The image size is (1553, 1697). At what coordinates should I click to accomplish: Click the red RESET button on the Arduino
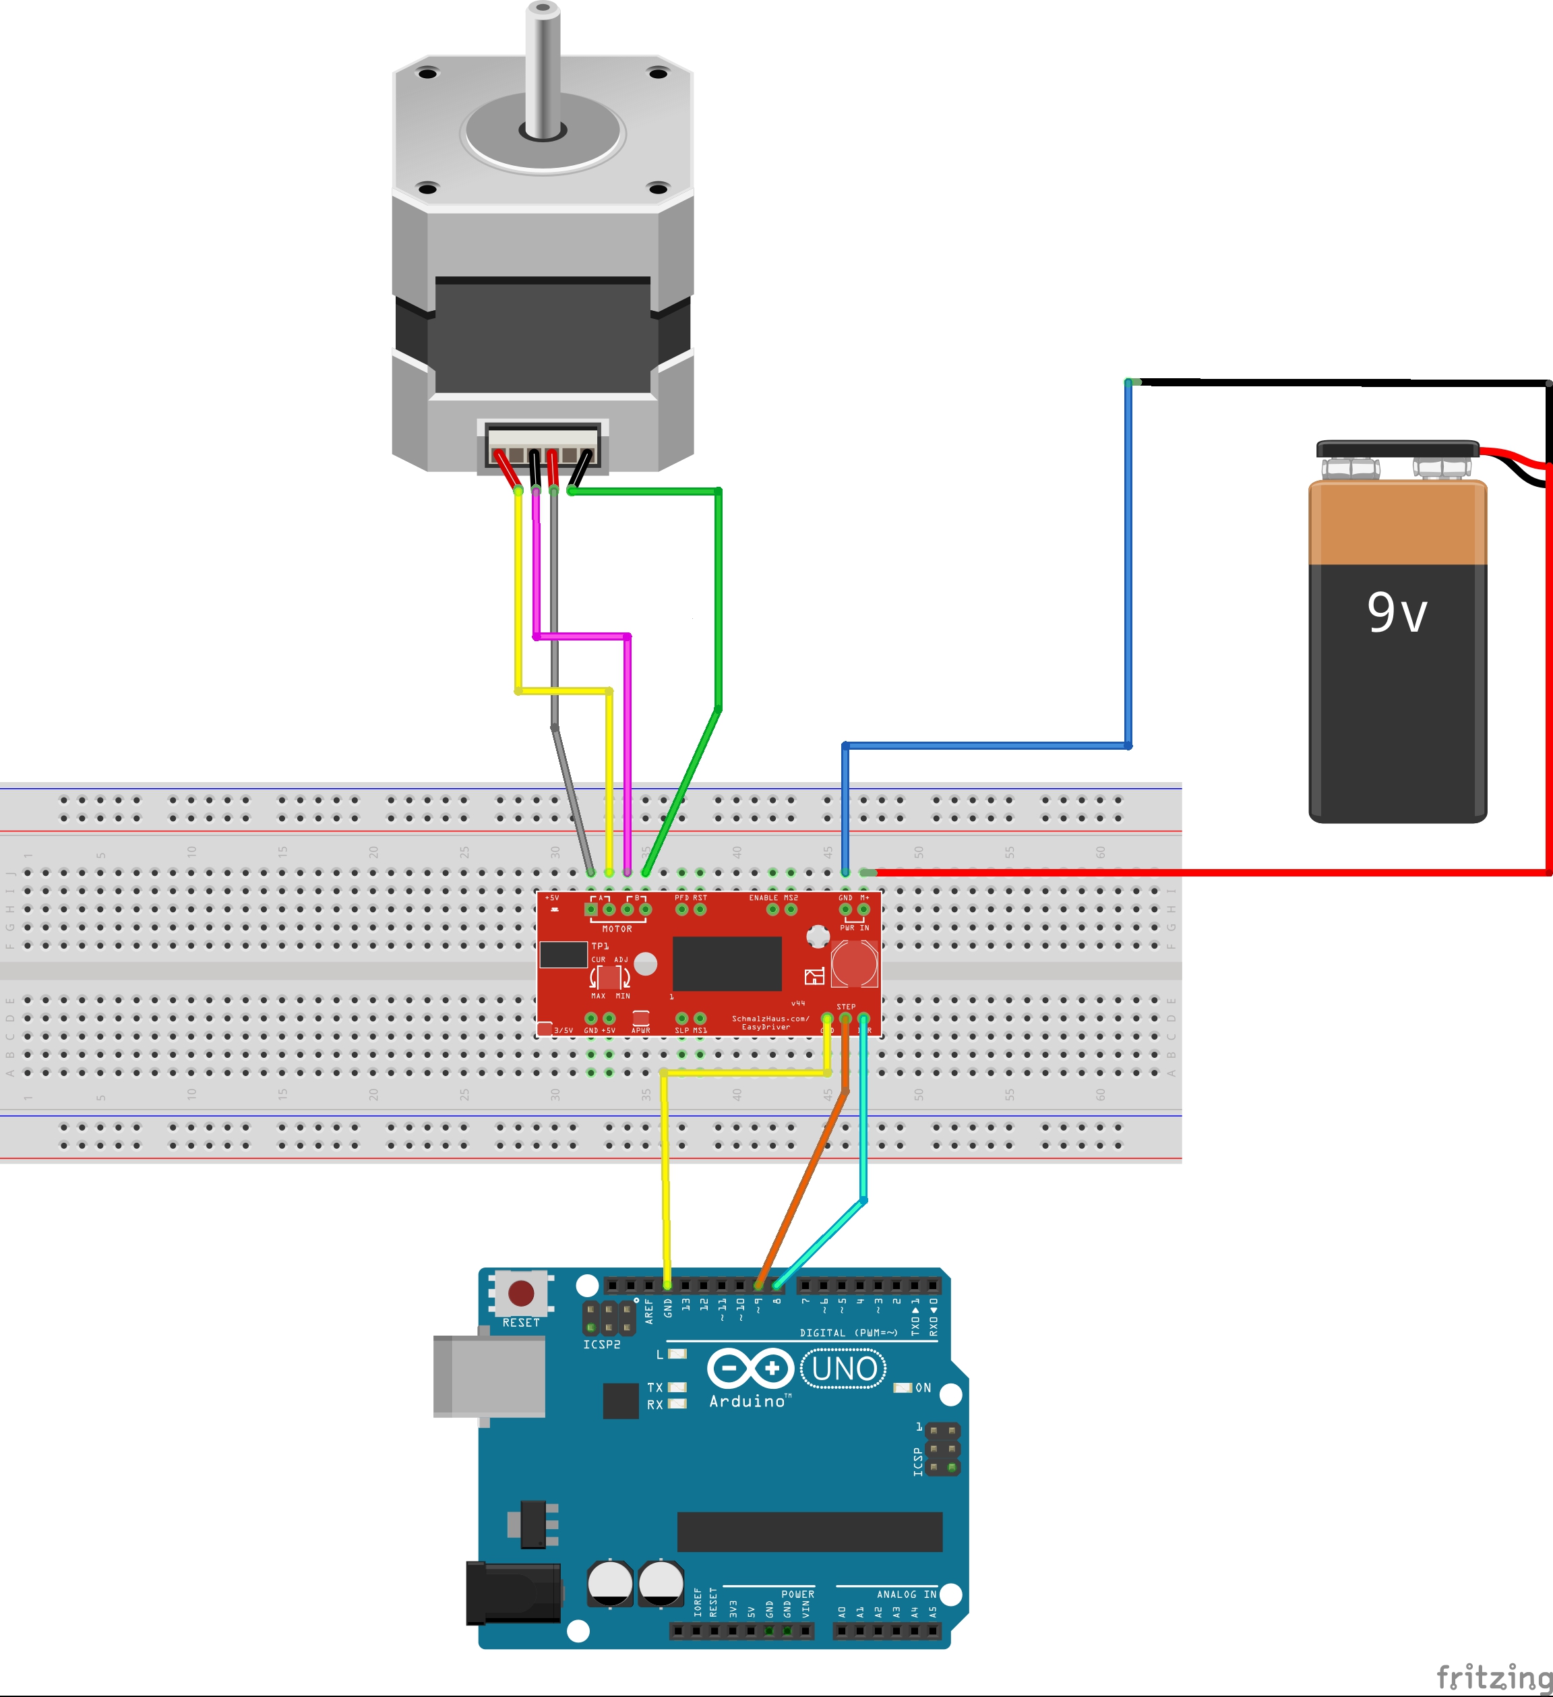click(x=521, y=1293)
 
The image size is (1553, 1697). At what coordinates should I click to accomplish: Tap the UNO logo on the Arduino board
click(x=843, y=1369)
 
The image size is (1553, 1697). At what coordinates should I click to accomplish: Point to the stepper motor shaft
click(x=543, y=67)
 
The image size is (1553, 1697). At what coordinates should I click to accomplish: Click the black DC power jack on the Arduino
click(x=514, y=1592)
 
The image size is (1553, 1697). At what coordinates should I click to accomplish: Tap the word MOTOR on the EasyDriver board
click(x=617, y=928)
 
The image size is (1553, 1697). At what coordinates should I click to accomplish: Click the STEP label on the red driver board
click(x=846, y=1007)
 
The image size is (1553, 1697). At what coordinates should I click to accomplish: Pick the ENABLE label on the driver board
click(x=764, y=897)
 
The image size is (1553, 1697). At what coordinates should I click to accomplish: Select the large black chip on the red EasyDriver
click(x=727, y=963)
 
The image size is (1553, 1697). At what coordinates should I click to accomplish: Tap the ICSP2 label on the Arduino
click(x=602, y=1344)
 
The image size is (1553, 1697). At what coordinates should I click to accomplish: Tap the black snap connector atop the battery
click(x=1397, y=448)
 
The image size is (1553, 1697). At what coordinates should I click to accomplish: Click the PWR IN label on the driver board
click(x=855, y=928)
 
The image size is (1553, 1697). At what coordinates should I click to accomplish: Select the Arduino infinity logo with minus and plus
click(x=750, y=1369)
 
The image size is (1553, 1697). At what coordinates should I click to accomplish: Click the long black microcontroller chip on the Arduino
click(x=810, y=1531)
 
